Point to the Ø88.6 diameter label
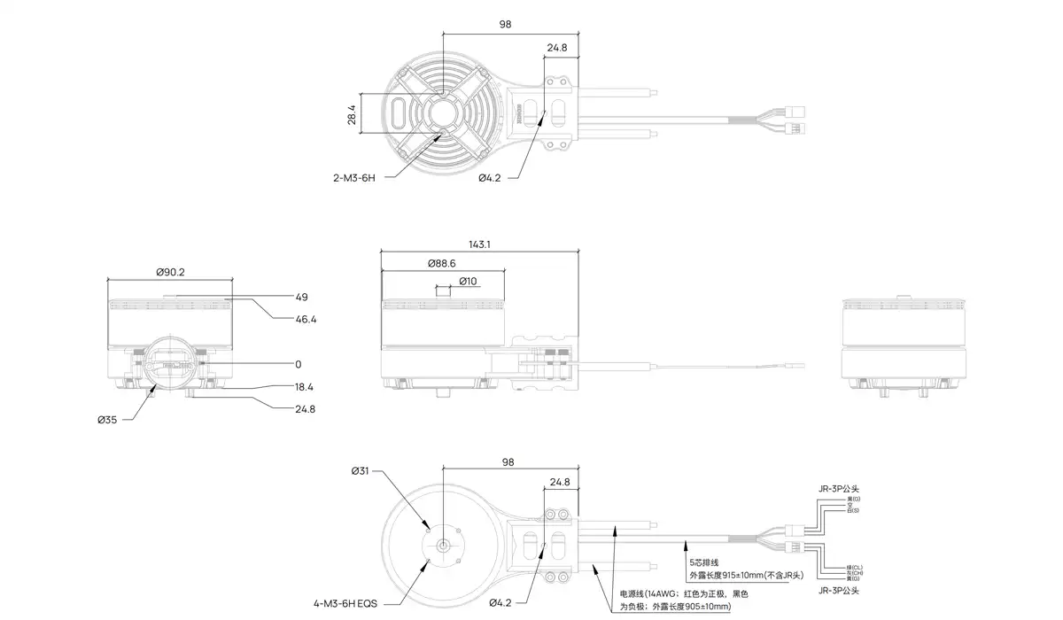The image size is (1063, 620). click(440, 264)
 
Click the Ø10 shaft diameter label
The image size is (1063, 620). click(468, 282)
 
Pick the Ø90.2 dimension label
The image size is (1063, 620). click(169, 272)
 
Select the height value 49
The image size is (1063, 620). click(301, 297)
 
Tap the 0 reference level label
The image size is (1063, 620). click(299, 364)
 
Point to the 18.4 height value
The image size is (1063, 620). click(306, 387)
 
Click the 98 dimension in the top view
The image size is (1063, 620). click(505, 25)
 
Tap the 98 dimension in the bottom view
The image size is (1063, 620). click(508, 462)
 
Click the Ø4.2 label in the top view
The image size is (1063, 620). click(490, 178)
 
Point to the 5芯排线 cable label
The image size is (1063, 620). click(704, 562)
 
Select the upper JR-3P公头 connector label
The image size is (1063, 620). click(839, 488)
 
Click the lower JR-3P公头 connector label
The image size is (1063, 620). click(839, 590)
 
